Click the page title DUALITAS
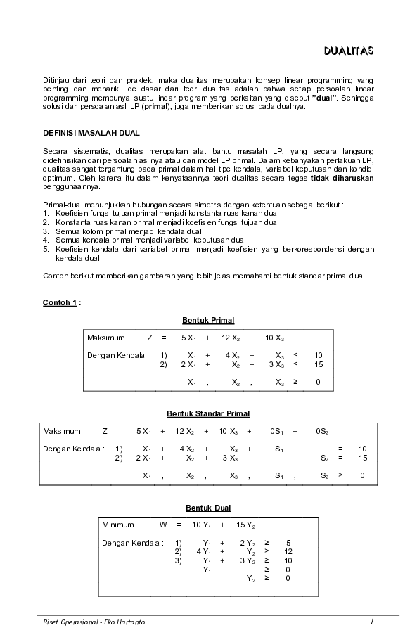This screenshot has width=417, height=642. (348, 51)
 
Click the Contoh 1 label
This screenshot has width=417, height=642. (61, 302)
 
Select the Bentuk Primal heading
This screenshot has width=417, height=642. (207, 321)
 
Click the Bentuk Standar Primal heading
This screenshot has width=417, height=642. (207, 413)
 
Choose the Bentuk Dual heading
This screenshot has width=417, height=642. (207, 507)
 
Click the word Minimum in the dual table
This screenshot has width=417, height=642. (117, 525)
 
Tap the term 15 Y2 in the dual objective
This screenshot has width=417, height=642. (245, 525)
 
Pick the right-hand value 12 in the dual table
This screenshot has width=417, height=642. (288, 551)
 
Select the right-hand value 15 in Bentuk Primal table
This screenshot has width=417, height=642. (318, 364)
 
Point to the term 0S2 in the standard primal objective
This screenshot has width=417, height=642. (322, 430)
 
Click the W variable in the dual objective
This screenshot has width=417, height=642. (163, 525)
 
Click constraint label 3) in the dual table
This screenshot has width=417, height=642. (179, 560)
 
